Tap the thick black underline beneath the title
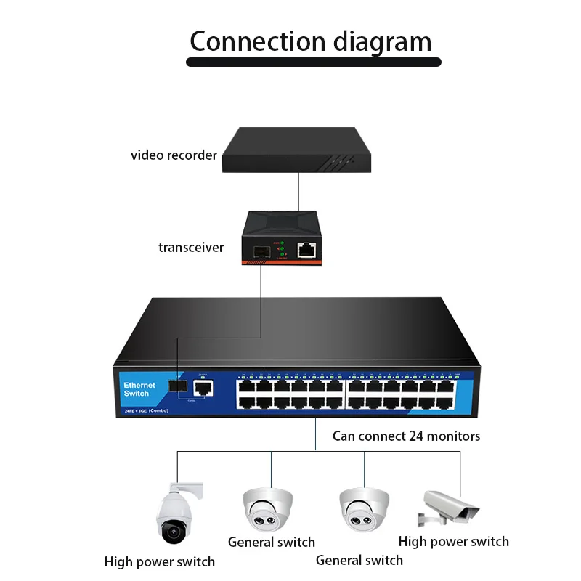click(x=313, y=62)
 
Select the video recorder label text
click(x=174, y=155)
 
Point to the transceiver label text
click(x=191, y=247)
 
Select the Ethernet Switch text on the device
click(x=139, y=389)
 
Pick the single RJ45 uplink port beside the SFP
click(x=203, y=386)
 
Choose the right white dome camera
click(x=364, y=508)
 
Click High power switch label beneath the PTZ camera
click(x=159, y=561)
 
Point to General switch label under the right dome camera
click(x=359, y=560)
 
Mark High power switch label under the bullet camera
click(x=453, y=541)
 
